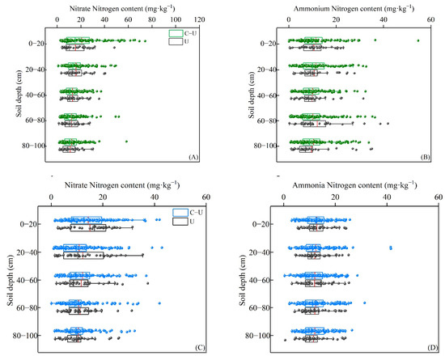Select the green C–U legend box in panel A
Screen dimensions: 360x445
pos(175,32)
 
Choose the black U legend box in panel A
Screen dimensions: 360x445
pos(175,40)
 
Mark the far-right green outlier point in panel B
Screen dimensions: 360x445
pos(417,40)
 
